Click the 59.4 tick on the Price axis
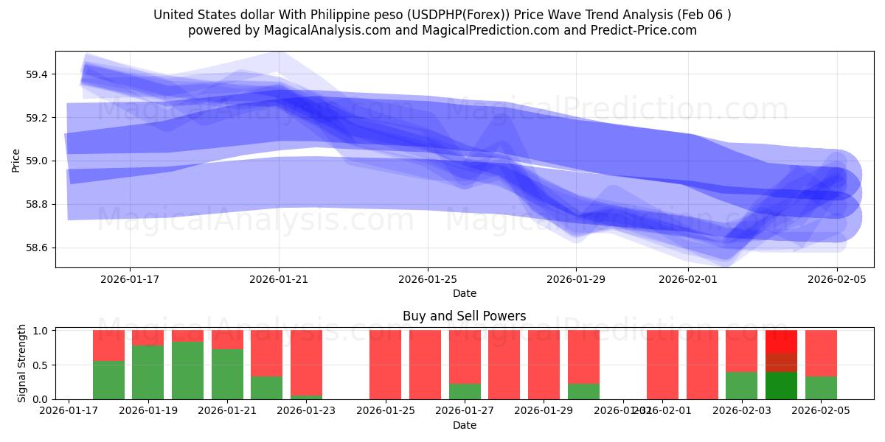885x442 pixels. click(x=38, y=74)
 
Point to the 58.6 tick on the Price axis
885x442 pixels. click(x=38, y=248)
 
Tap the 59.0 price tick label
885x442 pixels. click(x=38, y=161)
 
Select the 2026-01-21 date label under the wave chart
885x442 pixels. click(x=279, y=279)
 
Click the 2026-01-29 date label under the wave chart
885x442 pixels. click(x=576, y=279)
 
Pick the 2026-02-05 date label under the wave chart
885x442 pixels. click(x=837, y=279)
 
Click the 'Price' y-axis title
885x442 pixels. click(x=15, y=160)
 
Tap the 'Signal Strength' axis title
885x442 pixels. click(x=22, y=362)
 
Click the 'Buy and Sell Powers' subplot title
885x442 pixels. click(x=464, y=316)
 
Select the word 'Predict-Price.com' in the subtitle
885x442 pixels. click(x=646, y=30)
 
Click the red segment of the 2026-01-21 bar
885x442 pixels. click(x=227, y=339)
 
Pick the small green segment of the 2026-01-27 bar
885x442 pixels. click(x=465, y=391)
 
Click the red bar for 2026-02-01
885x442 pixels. click(x=662, y=365)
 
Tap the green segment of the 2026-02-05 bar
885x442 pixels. click(x=821, y=387)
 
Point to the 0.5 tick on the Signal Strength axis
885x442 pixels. click(x=44, y=365)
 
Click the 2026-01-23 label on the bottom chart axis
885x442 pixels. click(x=306, y=411)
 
